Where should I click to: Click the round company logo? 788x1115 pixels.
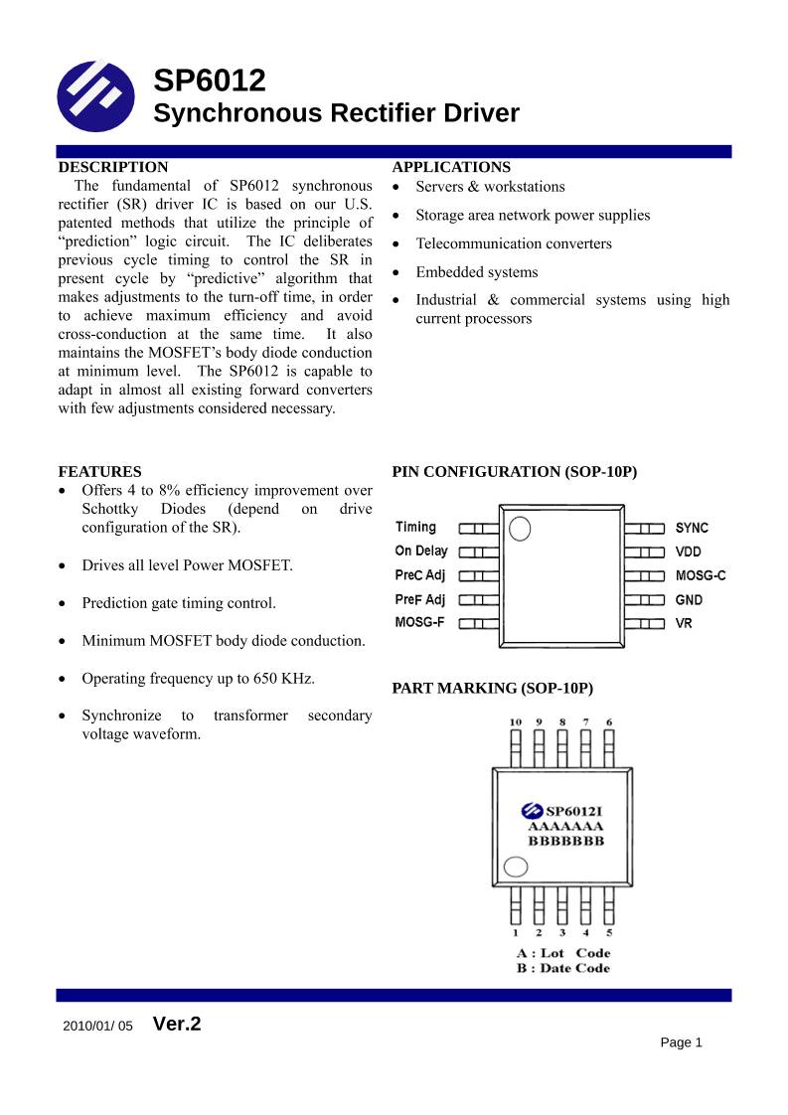(x=95, y=96)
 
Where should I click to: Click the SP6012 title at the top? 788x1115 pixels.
(x=210, y=80)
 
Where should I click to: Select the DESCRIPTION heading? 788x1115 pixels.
(x=113, y=167)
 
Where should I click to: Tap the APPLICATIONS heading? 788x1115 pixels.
(x=451, y=167)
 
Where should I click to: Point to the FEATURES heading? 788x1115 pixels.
(x=99, y=472)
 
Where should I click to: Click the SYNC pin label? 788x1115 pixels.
(x=692, y=528)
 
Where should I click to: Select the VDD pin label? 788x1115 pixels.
(x=689, y=552)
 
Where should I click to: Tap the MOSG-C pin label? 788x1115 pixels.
(x=701, y=575)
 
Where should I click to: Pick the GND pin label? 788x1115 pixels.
(x=689, y=599)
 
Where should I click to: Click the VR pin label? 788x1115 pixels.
(x=684, y=623)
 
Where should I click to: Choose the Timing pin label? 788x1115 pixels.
(x=415, y=528)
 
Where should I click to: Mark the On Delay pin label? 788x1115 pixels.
(x=421, y=552)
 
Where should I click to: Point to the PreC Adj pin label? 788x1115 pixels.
(x=420, y=575)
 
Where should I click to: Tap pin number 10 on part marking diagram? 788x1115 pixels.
(x=515, y=722)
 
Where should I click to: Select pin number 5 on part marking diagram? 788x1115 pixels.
(x=609, y=933)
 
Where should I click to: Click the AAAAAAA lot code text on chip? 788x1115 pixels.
(x=565, y=827)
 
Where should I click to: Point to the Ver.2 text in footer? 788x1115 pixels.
(x=177, y=1024)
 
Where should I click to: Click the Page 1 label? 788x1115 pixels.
(x=681, y=1042)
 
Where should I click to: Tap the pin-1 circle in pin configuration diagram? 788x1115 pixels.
(x=520, y=529)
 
